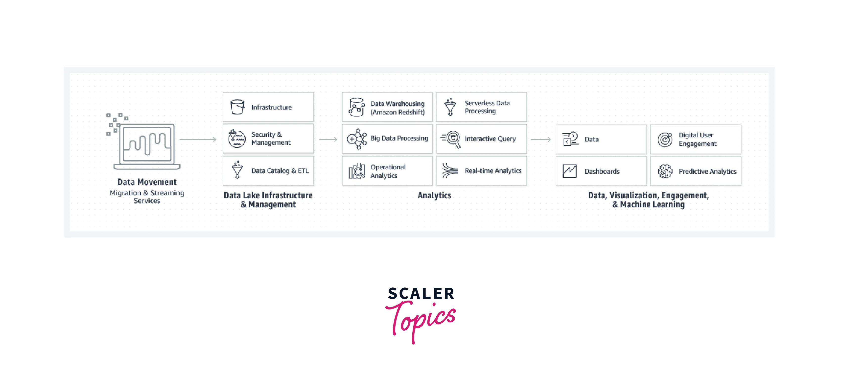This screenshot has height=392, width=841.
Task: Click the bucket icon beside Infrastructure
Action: click(237, 107)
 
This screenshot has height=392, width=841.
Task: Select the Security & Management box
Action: click(268, 139)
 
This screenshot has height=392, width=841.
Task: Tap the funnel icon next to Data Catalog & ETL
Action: click(237, 170)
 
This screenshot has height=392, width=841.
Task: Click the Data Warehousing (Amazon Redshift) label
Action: click(397, 108)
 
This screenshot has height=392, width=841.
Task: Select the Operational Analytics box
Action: click(387, 171)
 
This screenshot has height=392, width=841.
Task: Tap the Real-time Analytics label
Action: click(493, 171)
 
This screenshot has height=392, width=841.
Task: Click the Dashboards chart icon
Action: click(570, 171)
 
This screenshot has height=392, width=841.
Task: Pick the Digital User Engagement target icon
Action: click(665, 140)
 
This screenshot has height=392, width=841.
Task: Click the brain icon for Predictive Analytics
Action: click(665, 171)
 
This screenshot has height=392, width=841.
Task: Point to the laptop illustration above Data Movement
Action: click(147, 144)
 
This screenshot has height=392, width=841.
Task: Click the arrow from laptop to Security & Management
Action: click(198, 139)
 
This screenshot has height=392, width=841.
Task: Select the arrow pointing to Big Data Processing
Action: click(328, 139)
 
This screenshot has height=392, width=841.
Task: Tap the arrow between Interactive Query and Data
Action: click(541, 139)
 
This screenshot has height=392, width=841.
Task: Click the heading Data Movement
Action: click(147, 182)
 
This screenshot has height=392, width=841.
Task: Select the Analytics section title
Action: click(434, 196)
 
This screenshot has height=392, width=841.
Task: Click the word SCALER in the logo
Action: click(421, 294)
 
